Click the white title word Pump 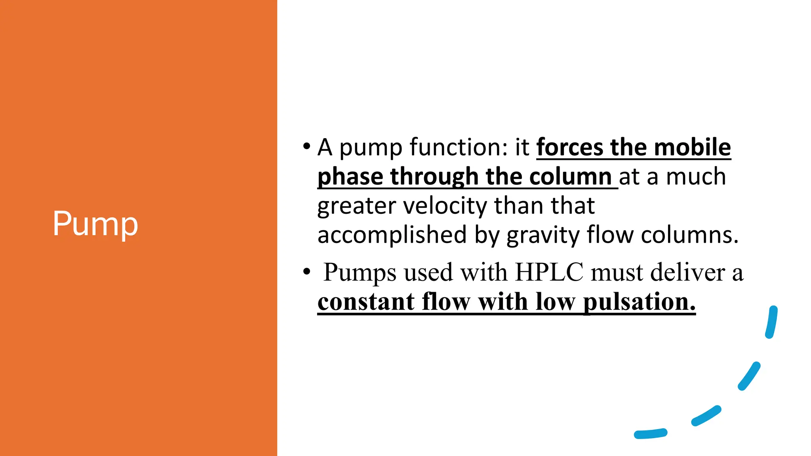(95, 224)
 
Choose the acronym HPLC (549, 272)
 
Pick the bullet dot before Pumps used (306, 272)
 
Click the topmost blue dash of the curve (771, 322)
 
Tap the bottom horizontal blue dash (651, 434)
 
